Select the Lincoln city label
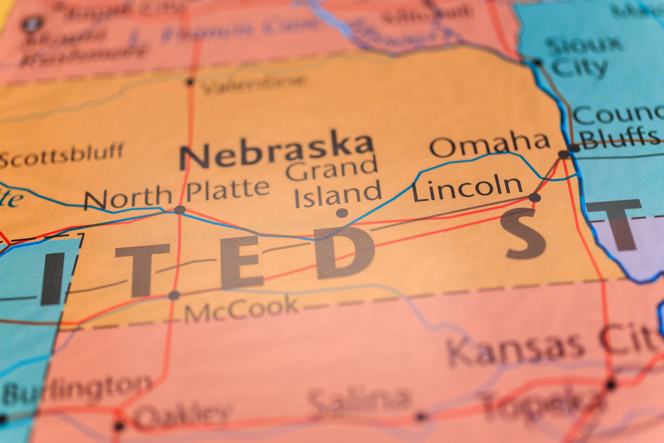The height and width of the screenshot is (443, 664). coord(467,188)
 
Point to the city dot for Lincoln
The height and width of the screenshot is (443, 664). coord(535,197)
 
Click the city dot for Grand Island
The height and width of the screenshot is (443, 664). coord(342,213)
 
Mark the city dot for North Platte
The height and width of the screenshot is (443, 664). coord(179,210)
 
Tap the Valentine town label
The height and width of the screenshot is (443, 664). coord(254,84)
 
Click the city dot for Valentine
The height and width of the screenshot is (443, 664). coord(191,82)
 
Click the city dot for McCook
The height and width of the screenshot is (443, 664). coord(174,295)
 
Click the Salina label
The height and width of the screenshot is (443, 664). coord(359,400)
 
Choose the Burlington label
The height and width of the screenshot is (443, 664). coord(76,389)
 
